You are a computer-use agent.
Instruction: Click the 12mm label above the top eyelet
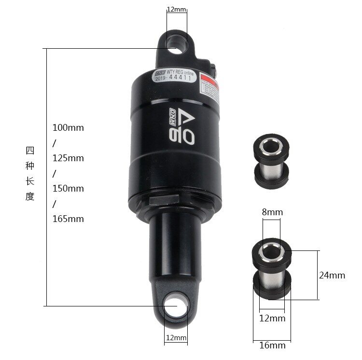(x=176, y=9)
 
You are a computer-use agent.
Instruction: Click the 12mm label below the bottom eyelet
(x=176, y=338)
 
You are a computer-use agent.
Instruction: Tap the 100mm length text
(x=68, y=128)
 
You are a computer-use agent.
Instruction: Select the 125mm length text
(x=68, y=158)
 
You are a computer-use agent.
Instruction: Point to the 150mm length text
(x=68, y=188)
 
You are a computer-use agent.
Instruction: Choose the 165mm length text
(x=68, y=219)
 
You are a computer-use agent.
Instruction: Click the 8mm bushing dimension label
(x=273, y=212)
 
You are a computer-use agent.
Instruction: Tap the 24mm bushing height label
(x=332, y=276)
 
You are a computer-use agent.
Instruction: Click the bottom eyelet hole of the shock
(x=175, y=305)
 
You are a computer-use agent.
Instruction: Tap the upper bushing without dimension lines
(x=272, y=159)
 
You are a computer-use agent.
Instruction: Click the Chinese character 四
(x=30, y=151)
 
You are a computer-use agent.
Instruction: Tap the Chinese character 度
(x=30, y=197)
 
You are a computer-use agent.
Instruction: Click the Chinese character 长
(x=30, y=181)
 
